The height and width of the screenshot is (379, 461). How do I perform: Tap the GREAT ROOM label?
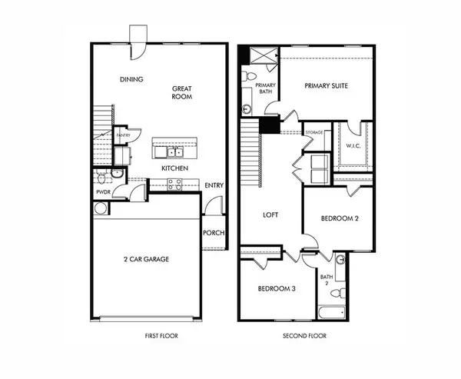pos(181,93)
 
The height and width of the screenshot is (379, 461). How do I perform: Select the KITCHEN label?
pos(176,168)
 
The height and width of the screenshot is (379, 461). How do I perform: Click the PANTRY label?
pos(122,136)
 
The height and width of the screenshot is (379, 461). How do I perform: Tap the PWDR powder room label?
pos(103,191)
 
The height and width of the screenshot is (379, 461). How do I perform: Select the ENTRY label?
pos(214,185)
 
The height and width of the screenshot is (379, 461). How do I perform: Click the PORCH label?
pos(214,233)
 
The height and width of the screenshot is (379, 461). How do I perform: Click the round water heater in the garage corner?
pos(101,208)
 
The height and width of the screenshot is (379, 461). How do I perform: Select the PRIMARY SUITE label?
pos(327,86)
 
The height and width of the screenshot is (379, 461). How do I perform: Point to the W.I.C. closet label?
pos(353,145)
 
